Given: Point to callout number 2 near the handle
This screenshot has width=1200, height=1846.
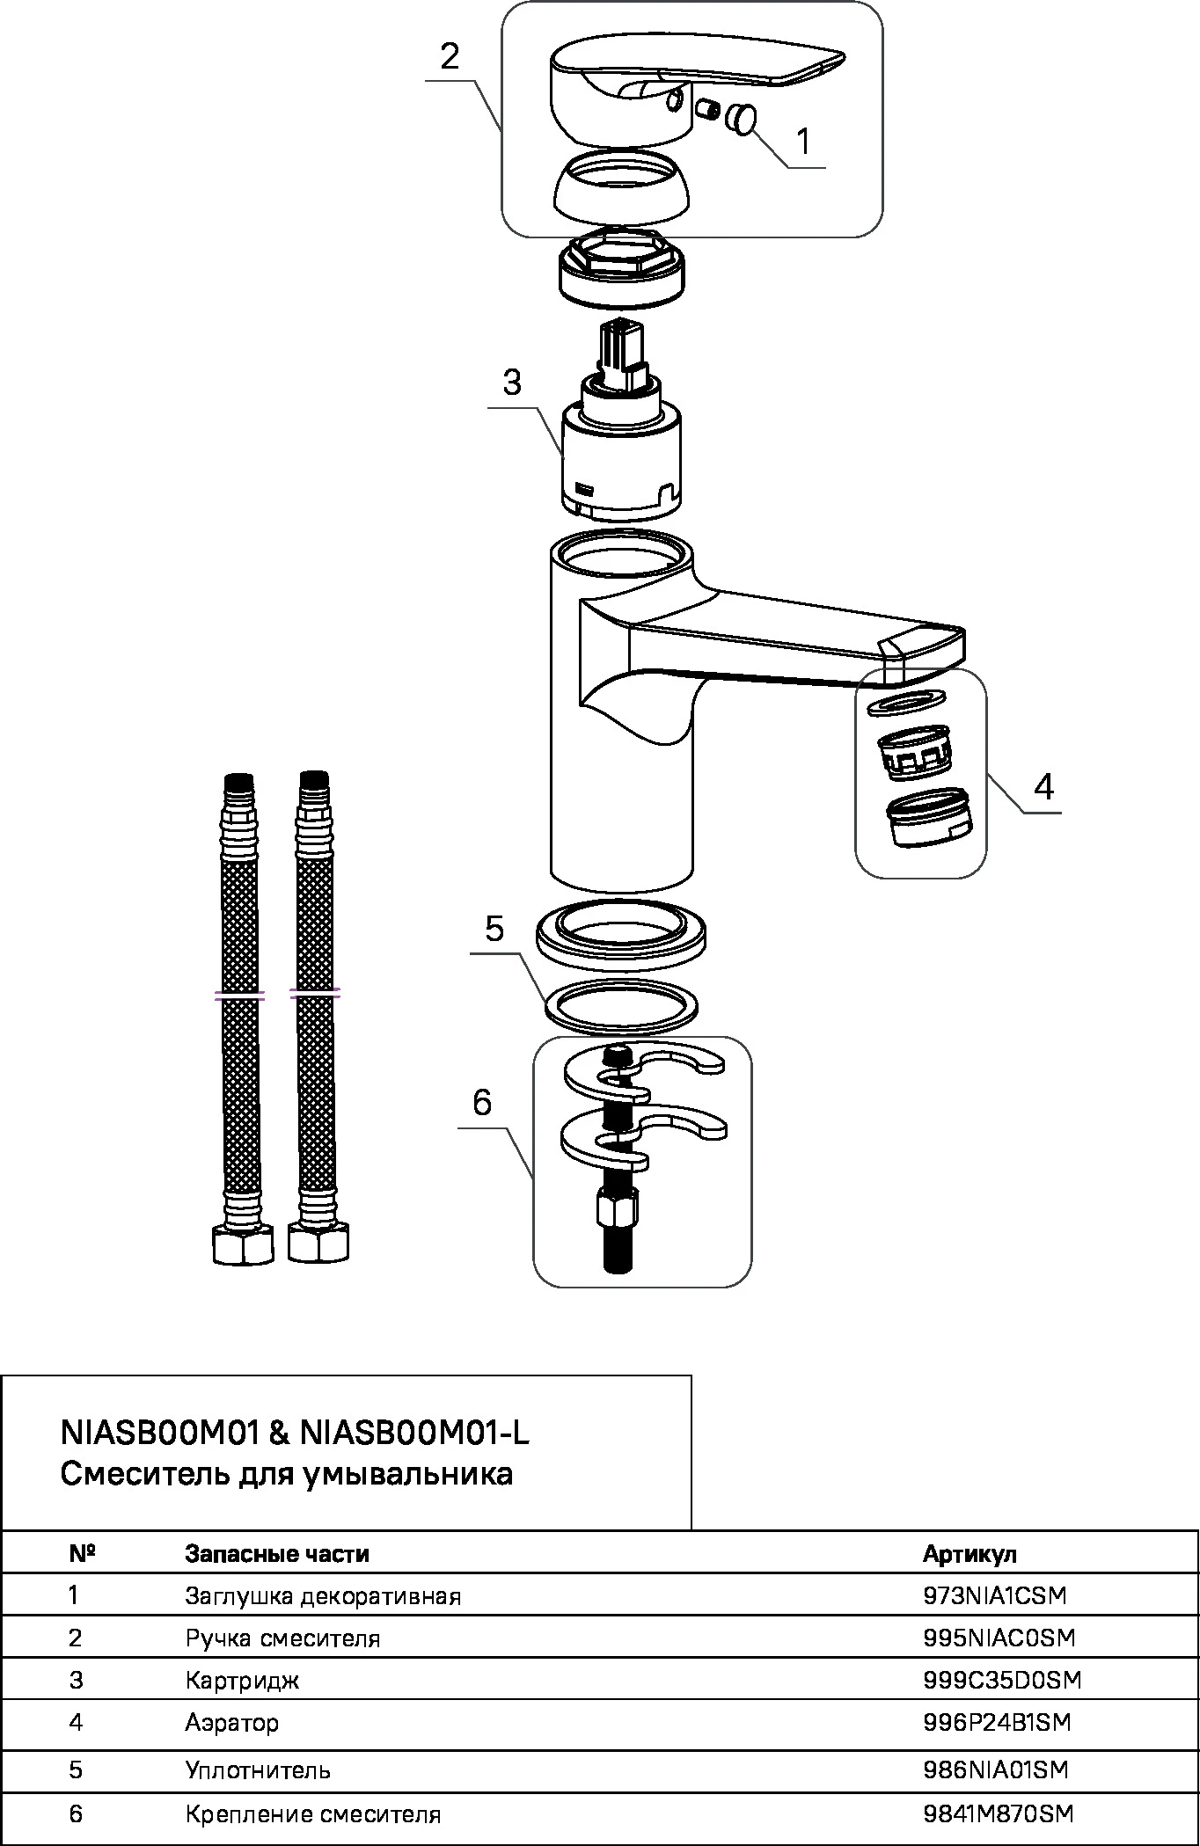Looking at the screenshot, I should pos(450,57).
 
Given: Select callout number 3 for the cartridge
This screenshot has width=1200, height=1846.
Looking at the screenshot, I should pos(511,383).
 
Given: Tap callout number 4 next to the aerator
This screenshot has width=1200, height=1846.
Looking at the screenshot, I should pos(1043,786).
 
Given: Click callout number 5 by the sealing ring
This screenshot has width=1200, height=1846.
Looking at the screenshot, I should pos(494,929).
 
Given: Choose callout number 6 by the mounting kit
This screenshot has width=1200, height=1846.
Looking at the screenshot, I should pos(482,1102).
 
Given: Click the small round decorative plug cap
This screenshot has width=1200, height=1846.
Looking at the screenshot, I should pos(743,119).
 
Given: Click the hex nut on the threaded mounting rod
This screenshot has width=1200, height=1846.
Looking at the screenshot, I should pos(615,1210).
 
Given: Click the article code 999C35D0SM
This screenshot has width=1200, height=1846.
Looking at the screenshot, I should pos(1001,1680).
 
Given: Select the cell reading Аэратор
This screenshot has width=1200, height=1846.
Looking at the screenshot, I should pos(232,1722).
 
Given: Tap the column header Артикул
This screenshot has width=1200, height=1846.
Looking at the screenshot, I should pos(970,1554).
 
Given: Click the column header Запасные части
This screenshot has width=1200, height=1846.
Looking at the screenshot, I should pos(277,1554).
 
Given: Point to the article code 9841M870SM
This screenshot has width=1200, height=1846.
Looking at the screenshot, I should pos(999,1813).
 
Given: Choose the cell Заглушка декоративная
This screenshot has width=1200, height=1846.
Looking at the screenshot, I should pos(323,1595).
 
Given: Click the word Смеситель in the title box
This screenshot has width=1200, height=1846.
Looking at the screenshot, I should pos(145,1473).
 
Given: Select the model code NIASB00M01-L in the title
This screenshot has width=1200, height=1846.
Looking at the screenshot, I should pos(414,1434).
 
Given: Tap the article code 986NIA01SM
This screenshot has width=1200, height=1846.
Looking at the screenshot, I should pos(996,1769).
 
